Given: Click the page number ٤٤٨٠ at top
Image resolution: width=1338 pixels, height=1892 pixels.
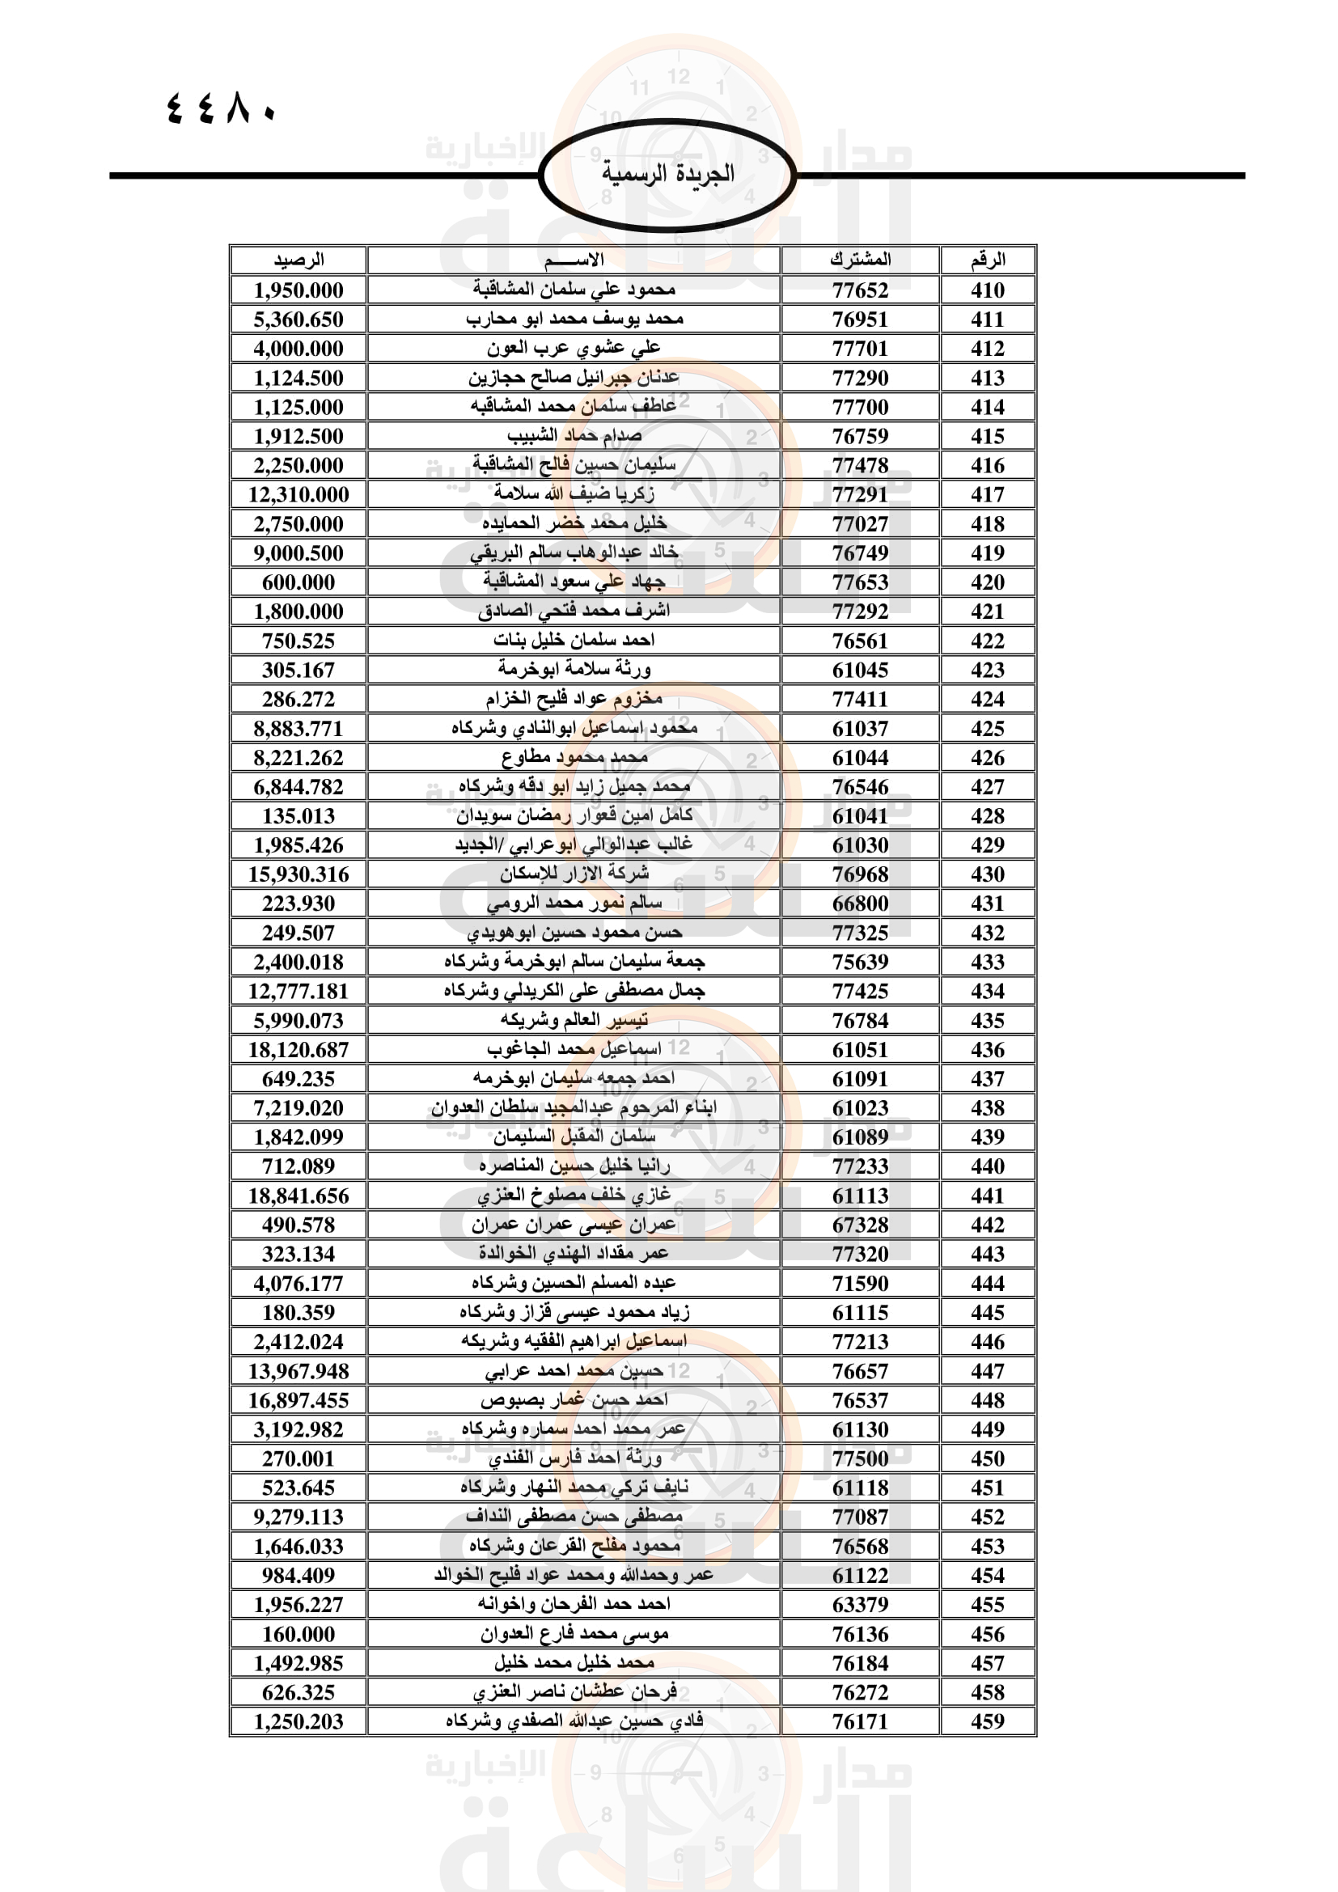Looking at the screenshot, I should [x=221, y=108].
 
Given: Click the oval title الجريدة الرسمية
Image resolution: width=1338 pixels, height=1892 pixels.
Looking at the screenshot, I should [x=667, y=174].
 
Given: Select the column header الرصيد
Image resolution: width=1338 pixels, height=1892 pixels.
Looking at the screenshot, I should [x=299, y=260].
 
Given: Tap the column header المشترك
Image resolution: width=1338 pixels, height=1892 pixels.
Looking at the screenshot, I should [x=860, y=260].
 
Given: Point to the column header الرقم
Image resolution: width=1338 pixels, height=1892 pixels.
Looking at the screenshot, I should [x=987, y=260].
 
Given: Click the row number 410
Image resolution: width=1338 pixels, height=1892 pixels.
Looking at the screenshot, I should [x=987, y=290].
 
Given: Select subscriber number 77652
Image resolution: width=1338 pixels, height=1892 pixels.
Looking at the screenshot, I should [x=860, y=290].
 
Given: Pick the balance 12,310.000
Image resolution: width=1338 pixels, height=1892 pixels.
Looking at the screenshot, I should [x=299, y=494].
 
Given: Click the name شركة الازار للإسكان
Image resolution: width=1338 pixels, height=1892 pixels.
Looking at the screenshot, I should [x=574, y=874].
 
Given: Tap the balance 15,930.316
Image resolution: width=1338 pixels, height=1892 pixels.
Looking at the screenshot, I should [x=299, y=874].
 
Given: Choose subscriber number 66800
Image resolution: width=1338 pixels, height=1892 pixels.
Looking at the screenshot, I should [x=860, y=904].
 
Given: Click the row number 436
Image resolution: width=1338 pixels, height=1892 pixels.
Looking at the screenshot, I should [x=987, y=1050].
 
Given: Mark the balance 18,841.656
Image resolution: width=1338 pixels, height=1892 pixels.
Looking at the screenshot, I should [x=299, y=1196].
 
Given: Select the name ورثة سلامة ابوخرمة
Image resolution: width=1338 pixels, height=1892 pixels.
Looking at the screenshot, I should [x=574, y=669].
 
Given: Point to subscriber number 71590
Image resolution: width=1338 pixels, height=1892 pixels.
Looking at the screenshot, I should [x=860, y=1283].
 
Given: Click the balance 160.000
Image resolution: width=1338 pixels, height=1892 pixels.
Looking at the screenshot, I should [x=299, y=1634].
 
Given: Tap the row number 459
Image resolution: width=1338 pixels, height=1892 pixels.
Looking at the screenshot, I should [x=987, y=1721].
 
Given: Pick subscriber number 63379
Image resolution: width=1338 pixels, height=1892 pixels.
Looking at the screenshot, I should [x=860, y=1604].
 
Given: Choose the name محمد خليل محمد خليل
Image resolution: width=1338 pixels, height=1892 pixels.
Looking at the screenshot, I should [x=574, y=1663].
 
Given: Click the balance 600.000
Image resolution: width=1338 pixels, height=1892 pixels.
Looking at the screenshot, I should [x=299, y=582].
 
